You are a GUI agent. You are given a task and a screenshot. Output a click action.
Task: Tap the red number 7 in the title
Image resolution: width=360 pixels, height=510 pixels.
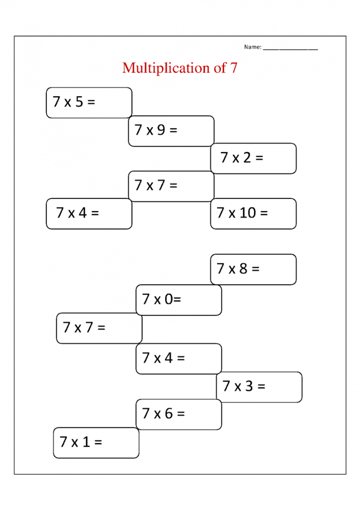coord(234,68)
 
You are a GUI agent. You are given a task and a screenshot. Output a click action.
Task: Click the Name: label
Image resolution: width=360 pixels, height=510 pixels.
coord(253,47)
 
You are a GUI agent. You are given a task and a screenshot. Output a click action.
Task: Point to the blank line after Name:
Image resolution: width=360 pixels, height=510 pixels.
coord(291,49)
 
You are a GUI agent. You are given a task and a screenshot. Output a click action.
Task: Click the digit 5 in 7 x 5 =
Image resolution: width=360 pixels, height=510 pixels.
coord(79,102)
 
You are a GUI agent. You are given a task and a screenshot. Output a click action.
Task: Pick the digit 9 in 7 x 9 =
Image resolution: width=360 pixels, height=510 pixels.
coord(161,130)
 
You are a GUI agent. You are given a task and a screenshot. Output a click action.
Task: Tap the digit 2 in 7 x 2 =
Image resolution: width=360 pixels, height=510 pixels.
coord(247,158)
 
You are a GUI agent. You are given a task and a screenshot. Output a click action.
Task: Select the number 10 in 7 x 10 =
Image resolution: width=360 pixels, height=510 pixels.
coord(247,213)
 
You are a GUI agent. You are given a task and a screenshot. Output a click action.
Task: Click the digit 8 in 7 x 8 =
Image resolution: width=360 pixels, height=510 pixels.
coord(243,269)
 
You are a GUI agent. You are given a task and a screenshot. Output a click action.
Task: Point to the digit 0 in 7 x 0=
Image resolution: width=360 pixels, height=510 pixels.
coord(169,299)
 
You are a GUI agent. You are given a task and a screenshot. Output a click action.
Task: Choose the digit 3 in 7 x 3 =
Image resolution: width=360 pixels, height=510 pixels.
coord(249,386)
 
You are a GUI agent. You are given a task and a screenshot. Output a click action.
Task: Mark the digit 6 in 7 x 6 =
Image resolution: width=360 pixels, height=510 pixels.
coord(169,413)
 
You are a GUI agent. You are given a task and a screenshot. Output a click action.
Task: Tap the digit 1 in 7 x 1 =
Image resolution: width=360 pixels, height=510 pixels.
coord(86,441)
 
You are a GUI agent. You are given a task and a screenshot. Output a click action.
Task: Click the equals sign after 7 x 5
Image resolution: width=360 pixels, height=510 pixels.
coord(91,102)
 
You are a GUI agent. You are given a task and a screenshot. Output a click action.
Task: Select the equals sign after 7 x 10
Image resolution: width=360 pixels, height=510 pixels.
coord(264,213)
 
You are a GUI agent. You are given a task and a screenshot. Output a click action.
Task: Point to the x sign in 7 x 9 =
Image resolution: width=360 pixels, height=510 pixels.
coord(150,131)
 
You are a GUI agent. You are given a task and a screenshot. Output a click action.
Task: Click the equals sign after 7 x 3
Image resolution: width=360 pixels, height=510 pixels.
coord(261,387)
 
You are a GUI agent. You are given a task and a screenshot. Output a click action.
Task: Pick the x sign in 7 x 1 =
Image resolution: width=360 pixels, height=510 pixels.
coord(75,443)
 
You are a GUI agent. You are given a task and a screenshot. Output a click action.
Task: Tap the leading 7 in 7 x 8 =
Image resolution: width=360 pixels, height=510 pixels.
coord(221,269)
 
